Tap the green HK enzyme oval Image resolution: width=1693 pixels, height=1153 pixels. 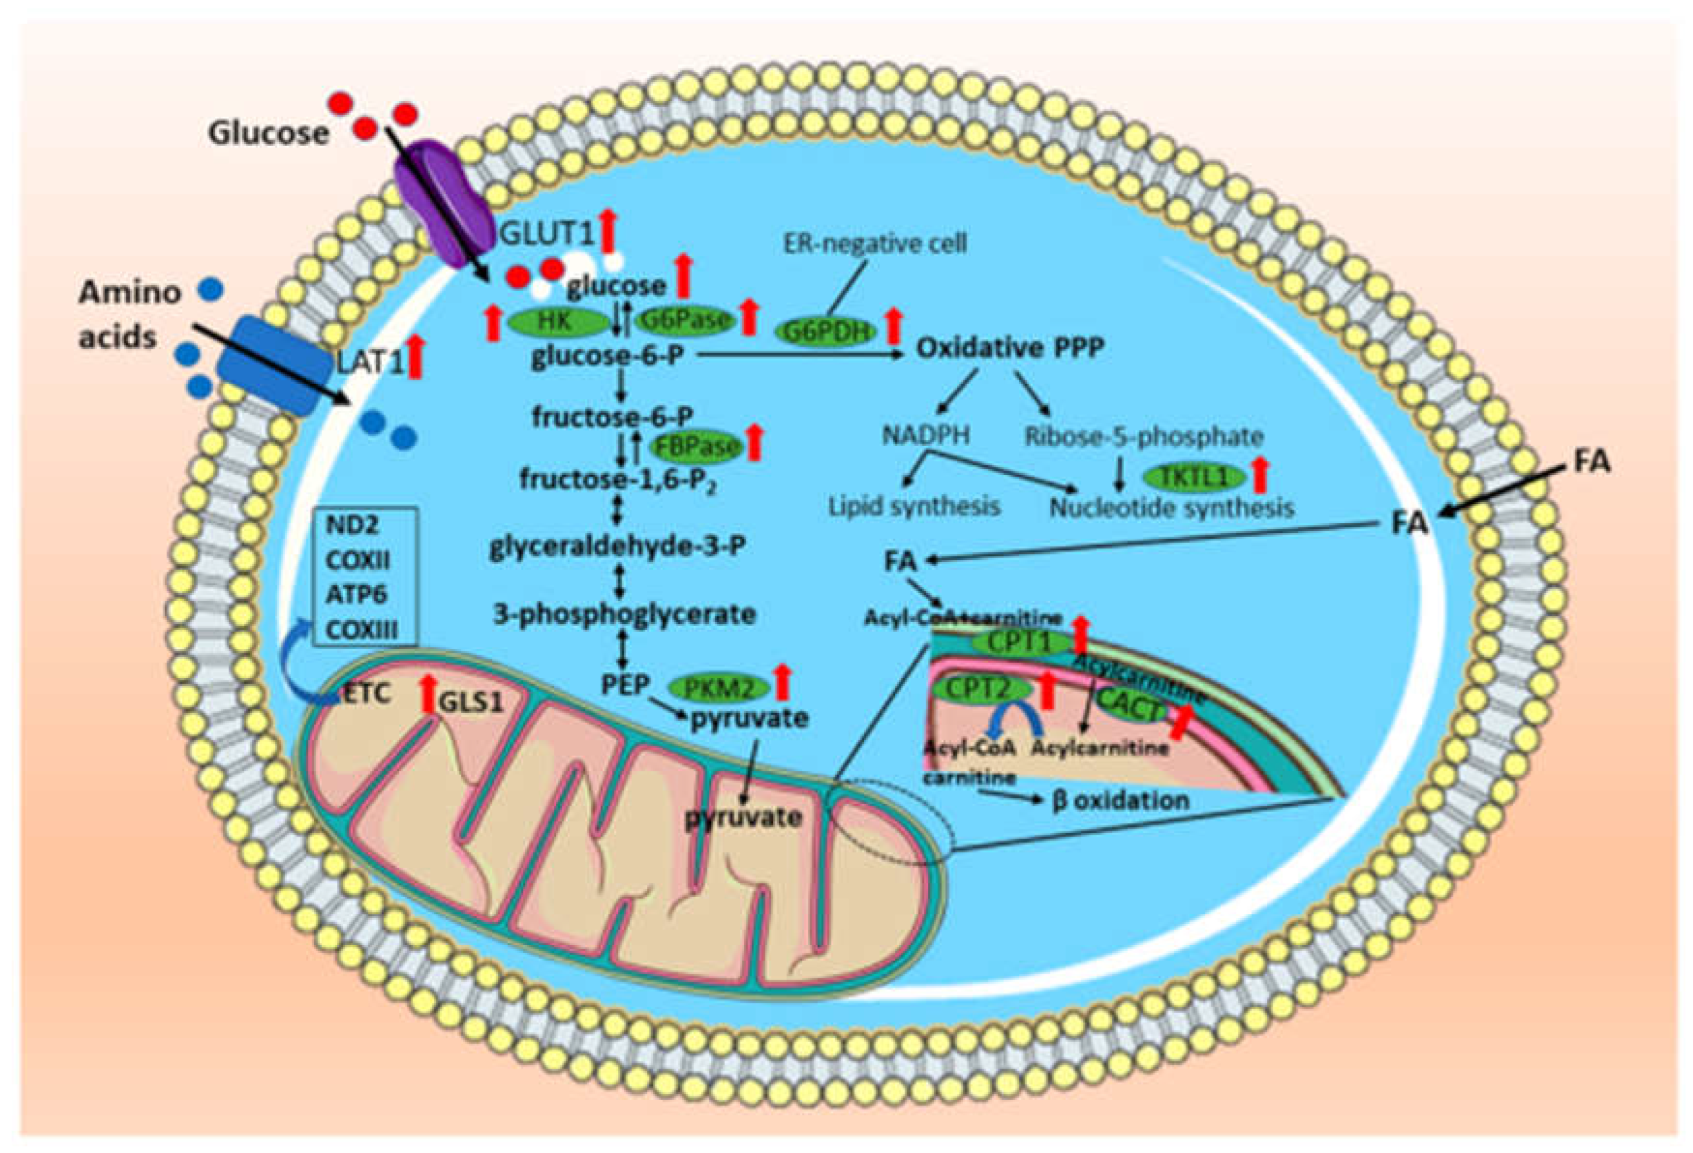[x=558, y=321]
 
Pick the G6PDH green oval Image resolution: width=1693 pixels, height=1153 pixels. [x=827, y=332]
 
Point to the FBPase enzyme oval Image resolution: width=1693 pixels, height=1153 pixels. [x=696, y=446]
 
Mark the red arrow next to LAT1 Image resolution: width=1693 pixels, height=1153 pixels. [x=415, y=357]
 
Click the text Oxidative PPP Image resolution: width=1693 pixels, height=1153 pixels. [x=1010, y=348]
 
